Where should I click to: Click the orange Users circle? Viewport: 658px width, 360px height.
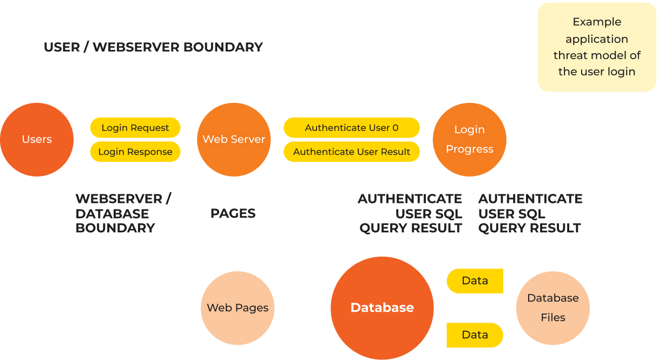(37, 139)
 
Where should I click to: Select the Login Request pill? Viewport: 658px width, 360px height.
(135, 128)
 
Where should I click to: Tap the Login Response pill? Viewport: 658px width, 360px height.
(135, 152)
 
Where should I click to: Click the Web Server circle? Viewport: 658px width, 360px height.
(234, 139)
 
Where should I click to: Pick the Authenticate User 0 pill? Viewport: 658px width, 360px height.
(352, 128)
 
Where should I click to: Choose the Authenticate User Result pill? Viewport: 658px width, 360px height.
(352, 152)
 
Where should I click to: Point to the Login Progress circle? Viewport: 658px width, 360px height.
(470, 139)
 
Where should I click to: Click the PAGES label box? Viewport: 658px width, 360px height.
(233, 213)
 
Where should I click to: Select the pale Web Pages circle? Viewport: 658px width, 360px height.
(238, 307)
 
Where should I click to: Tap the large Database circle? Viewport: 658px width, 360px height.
(382, 307)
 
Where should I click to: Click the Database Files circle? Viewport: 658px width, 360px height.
(553, 307)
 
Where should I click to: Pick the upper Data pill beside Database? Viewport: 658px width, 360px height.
(475, 281)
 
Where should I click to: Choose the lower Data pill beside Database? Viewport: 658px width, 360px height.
(475, 335)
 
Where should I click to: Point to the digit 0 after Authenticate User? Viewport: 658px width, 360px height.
(395, 128)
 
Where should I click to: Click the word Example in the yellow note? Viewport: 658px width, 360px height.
(597, 22)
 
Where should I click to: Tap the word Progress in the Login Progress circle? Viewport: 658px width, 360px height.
(470, 149)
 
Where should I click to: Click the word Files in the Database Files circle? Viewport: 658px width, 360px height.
(553, 317)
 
